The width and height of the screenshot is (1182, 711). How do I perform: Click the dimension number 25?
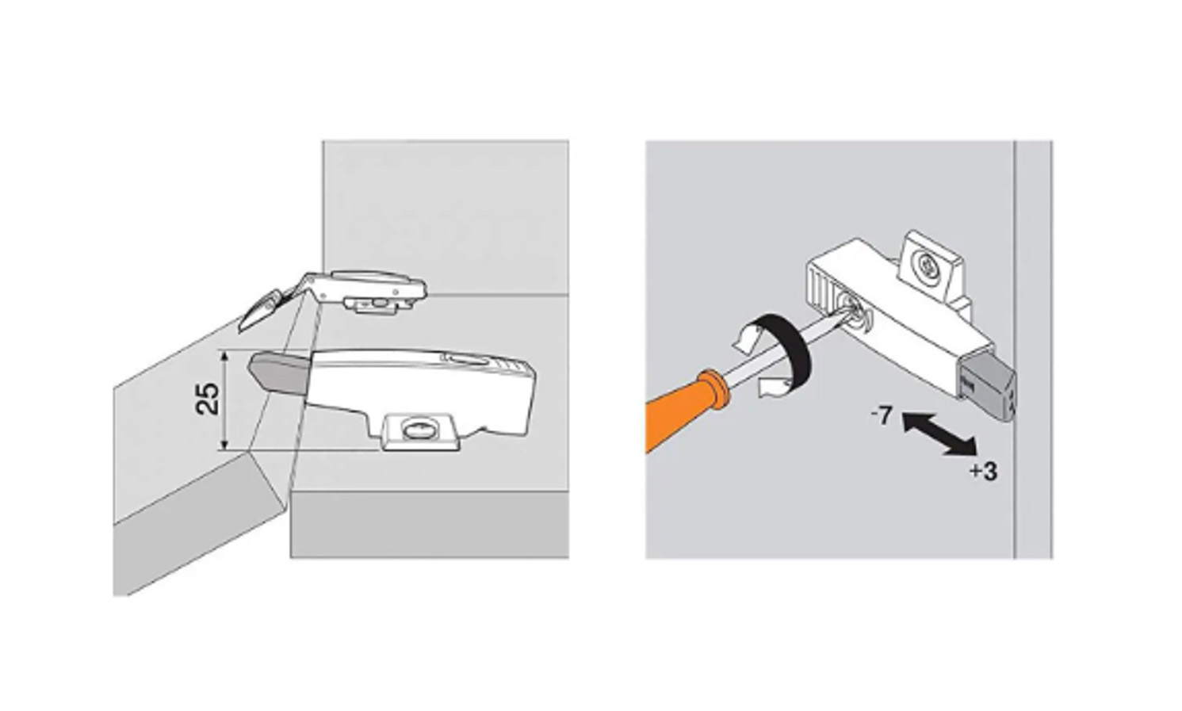[208, 399]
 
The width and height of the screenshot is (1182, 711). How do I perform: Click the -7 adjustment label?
[882, 417]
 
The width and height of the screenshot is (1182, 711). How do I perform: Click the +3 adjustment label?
[984, 471]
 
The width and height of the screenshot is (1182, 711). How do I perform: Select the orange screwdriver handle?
[686, 411]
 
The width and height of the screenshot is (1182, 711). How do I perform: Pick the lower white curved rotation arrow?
[773, 389]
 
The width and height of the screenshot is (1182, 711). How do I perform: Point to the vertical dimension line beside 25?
[225, 400]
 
